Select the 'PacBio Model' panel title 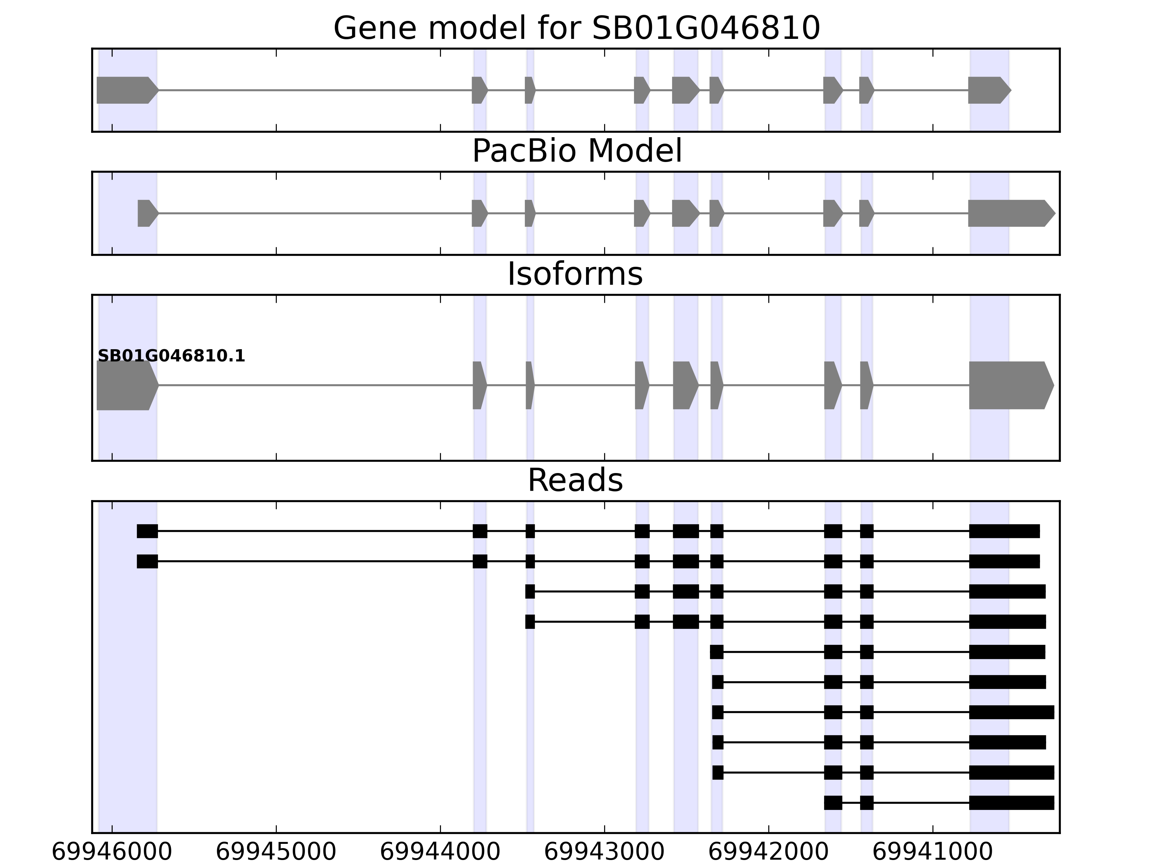click(576, 151)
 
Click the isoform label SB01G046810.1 click(171, 356)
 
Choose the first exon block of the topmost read click(147, 531)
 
